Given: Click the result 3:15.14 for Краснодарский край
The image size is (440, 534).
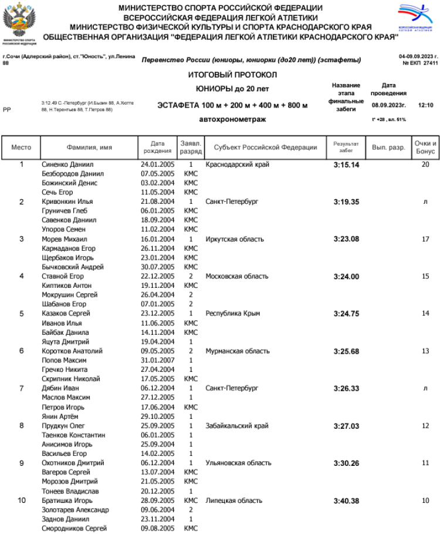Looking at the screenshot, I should [x=346, y=165].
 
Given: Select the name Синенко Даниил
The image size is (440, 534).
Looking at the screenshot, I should [x=67, y=165].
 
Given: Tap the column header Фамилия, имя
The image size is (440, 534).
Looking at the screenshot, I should [x=89, y=147].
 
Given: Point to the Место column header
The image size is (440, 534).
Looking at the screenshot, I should [x=22, y=147].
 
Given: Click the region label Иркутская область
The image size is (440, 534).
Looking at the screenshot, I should [x=235, y=240].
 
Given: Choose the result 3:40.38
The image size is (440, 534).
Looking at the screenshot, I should [x=346, y=501].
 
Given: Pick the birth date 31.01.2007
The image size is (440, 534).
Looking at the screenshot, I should [x=158, y=361].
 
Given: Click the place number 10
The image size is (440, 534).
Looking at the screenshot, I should [x=22, y=501].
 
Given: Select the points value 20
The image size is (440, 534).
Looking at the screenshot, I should [x=425, y=165].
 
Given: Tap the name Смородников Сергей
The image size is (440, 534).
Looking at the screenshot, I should [x=74, y=529].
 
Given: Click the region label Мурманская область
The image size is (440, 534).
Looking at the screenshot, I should [x=238, y=351].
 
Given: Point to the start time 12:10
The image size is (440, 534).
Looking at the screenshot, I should [x=425, y=105].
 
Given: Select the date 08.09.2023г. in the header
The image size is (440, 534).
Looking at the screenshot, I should [x=388, y=105].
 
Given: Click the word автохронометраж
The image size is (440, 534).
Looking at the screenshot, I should [x=232, y=119].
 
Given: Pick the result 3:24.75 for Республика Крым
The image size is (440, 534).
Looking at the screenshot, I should [x=346, y=314].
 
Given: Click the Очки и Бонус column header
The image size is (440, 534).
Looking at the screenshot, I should [x=425, y=147].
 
